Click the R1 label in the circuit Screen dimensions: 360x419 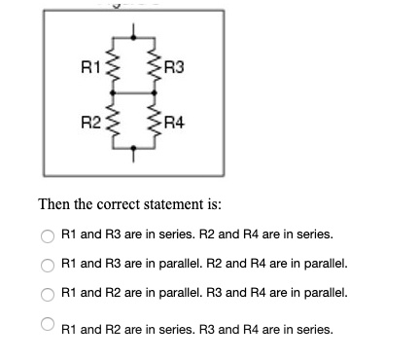(88, 67)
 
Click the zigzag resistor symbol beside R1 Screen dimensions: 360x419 (111, 68)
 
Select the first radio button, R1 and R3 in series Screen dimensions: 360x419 (47, 234)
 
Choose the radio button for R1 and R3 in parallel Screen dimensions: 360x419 (47, 264)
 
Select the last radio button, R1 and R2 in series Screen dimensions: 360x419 (47, 326)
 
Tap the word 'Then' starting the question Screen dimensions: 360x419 (52, 205)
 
